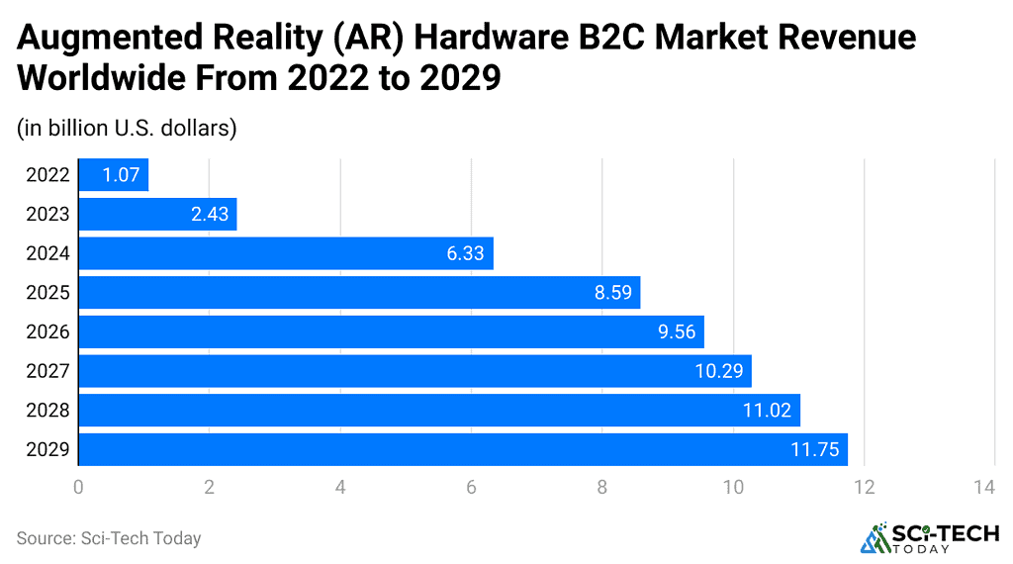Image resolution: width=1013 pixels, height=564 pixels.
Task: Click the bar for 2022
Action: point(113,175)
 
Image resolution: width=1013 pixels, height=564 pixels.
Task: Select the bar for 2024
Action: point(285,253)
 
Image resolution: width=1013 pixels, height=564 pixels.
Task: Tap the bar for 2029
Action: point(462,449)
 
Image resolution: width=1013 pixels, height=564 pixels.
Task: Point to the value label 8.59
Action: point(612,293)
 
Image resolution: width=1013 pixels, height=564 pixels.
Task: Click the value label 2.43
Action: point(210,215)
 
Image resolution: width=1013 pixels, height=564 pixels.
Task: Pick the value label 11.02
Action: point(767,411)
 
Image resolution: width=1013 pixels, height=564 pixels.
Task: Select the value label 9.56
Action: point(677,332)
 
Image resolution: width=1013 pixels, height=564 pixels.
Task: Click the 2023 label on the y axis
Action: point(48,215)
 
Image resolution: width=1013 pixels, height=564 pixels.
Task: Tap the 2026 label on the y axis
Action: point(48,332)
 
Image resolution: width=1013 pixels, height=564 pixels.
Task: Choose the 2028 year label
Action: point(48,411)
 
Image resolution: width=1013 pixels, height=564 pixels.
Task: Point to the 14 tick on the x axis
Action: point(983,487)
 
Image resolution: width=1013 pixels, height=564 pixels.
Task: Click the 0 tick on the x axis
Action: point(78,487)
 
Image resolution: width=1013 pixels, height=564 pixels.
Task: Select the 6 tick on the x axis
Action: point(471,487)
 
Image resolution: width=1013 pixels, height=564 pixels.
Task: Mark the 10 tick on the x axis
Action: point(733,487)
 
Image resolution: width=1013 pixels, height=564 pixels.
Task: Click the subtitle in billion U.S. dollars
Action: point(127,129)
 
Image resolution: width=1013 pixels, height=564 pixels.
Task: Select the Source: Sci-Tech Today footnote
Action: point(109,538)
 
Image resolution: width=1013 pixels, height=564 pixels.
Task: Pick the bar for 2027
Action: point(414,371)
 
